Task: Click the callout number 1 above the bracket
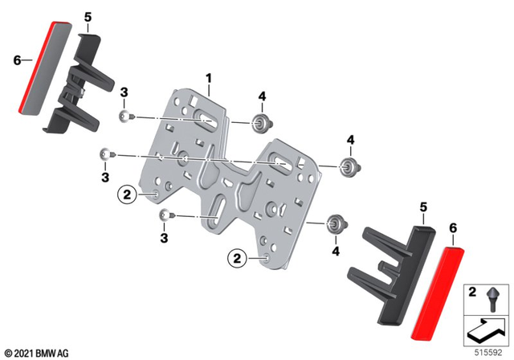pos(208,78)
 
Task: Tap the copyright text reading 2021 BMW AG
pos(36,353)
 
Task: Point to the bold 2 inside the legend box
pos(473,290)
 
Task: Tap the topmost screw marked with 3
pos(124,118)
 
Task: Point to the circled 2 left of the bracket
pos(126,193)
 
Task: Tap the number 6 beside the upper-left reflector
pos(16,59)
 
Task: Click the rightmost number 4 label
pos(350,140)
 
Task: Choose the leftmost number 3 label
pos(104,176)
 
